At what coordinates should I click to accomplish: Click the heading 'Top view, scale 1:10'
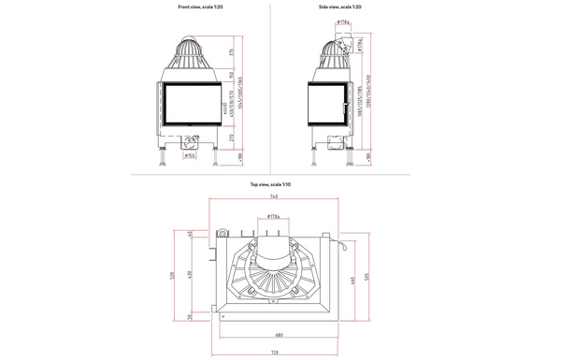click(270, 185)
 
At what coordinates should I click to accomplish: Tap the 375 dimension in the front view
click(232, 52)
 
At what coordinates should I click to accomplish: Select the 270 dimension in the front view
click(232, 138)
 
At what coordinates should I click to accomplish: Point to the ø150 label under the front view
click(190, 156)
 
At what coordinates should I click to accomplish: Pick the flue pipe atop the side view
click(334, 43)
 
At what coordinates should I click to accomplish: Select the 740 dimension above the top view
click(273, 197)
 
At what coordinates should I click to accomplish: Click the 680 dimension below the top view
click(280, 334)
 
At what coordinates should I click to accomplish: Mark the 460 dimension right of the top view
click(352, 281)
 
